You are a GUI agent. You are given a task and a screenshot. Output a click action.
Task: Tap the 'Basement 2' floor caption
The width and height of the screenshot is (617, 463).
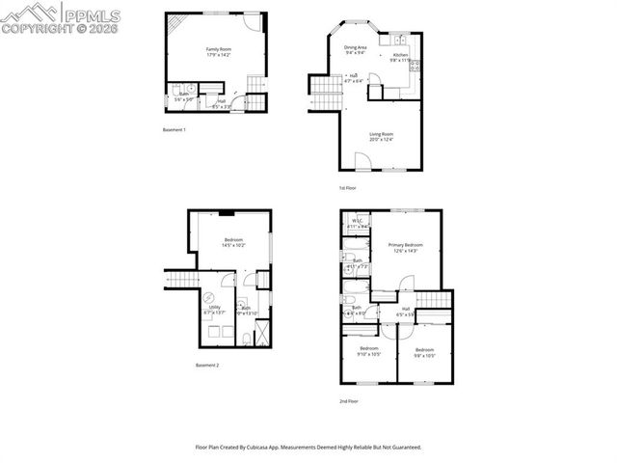click(x=207, y=366)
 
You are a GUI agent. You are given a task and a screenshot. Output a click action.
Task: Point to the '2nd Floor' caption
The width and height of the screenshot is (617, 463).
click(x=349, y=399)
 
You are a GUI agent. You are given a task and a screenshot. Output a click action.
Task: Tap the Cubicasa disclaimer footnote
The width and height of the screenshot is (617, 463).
click(x=308, y=448)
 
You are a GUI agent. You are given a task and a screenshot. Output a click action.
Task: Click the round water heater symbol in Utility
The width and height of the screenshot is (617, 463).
click(x=206, y=299)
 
